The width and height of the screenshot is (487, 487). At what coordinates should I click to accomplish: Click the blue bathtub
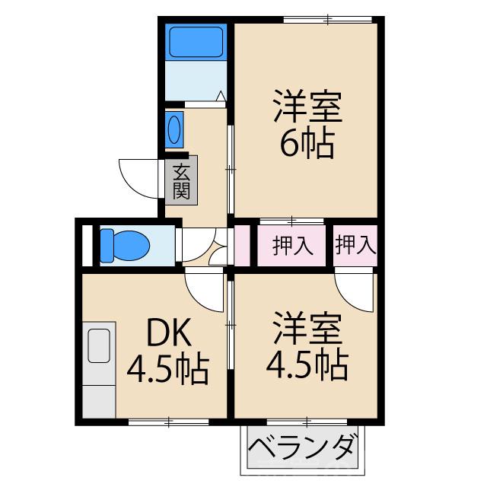tap(196, 43)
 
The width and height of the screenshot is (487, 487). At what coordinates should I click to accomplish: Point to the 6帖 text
tap(307, 144)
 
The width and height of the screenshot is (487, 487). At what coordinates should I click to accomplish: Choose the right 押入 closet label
tap(355, 245)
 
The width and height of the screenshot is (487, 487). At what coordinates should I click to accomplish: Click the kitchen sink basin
tap(100, 347)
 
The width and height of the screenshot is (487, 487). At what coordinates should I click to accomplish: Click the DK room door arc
tap(202, 289)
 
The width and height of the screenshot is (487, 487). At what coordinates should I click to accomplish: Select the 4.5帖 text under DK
tap(167, 371)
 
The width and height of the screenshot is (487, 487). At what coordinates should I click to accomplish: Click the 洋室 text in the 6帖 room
tap(307, 108)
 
